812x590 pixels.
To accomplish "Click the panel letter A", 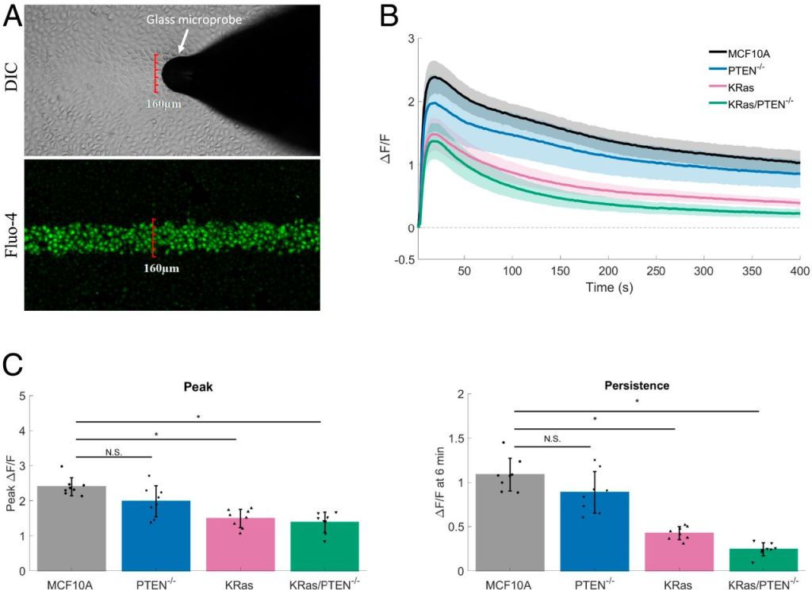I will [x=13, y=17].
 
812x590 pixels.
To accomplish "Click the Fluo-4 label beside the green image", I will [x=13, y=235].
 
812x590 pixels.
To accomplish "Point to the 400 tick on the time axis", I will [x=799, y=271].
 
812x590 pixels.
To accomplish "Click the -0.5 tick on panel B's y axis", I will [x=404, y=259].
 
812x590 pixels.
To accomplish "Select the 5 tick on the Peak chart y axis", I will [x=33, y=396].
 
